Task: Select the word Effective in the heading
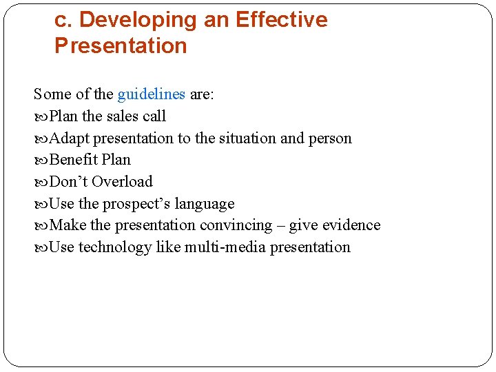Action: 281,20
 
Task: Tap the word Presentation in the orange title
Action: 121,46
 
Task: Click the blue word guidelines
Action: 151,94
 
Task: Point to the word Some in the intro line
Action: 52,94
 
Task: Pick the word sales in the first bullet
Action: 123,116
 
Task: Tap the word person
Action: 329,138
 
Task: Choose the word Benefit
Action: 74,160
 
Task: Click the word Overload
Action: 122,182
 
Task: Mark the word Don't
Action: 69,182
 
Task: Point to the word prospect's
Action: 136,204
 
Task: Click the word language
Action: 205,204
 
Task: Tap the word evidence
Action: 349,225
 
